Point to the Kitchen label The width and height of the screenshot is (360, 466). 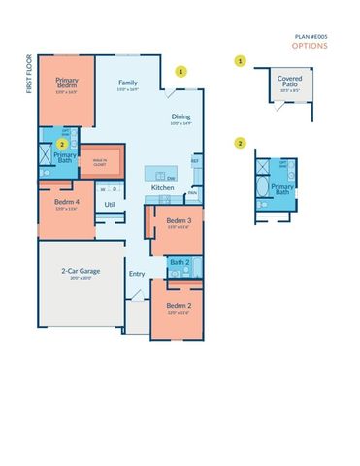161,187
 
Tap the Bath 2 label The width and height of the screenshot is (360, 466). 179,261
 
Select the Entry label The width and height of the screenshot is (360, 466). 136,273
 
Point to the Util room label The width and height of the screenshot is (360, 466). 110,204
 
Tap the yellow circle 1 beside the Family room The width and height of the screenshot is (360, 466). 180,71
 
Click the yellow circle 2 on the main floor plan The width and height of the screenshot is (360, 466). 60,144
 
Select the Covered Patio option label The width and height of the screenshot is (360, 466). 289,81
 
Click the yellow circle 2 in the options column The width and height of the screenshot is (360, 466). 240,143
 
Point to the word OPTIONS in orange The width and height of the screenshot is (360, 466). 311,45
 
